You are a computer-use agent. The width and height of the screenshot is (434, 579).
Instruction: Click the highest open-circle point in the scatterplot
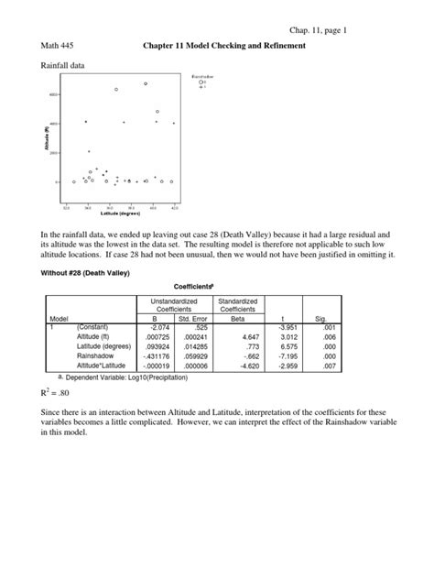click(x=146, y=83)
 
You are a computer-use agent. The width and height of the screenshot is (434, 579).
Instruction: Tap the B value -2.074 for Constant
click(x=155, y=330)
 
